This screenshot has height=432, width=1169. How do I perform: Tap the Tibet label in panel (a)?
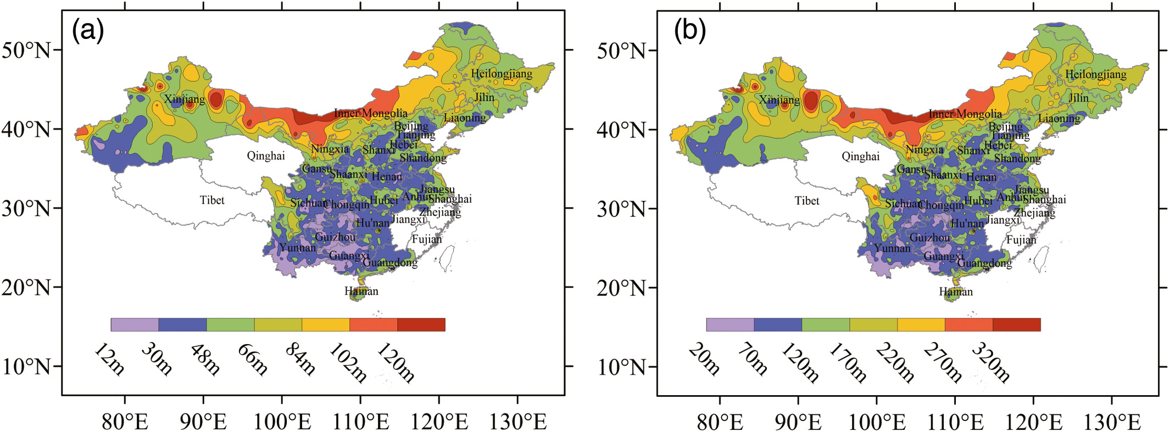tap(212, 200)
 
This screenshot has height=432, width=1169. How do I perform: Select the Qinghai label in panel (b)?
tap(860, 157)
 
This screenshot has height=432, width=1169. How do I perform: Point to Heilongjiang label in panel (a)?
tap(502, 74)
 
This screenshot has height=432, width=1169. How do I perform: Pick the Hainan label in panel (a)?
tap(361, 291)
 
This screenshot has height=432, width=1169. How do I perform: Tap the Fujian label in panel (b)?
tap(1021, 240)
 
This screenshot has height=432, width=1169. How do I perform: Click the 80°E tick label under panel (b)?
tap(720, 422)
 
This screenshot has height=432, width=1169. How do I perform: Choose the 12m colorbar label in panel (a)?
tap(109, 359)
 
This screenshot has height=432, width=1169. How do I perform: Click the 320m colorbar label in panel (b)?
tap(991, 362)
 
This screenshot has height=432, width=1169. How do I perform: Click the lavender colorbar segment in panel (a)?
tap(135, 324)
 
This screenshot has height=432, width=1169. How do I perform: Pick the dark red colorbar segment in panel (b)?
tap(1016, 324)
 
